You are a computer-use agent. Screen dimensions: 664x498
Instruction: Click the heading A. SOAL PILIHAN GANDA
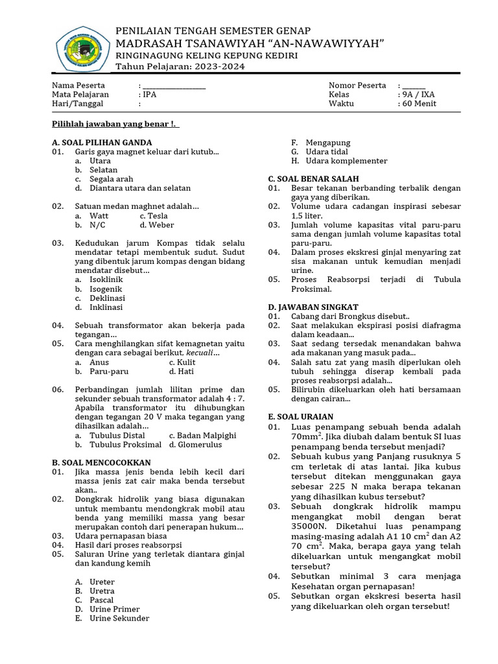(102, 142)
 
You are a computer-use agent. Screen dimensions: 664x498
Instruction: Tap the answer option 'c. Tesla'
(154, 216)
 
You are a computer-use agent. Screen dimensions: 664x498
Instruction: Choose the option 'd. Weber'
(156, 225)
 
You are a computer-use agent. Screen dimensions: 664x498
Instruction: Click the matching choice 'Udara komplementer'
(347, 161)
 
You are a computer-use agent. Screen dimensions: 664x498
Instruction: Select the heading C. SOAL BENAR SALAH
(314, 178)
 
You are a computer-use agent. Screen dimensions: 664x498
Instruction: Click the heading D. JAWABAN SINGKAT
(313, 307)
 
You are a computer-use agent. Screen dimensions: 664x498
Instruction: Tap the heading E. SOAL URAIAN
(301, 416)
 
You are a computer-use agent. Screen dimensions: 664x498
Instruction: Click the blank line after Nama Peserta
(174, 86)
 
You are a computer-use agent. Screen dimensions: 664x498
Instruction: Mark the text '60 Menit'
(420, 104)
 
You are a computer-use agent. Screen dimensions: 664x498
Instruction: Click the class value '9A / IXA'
(418, 95)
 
